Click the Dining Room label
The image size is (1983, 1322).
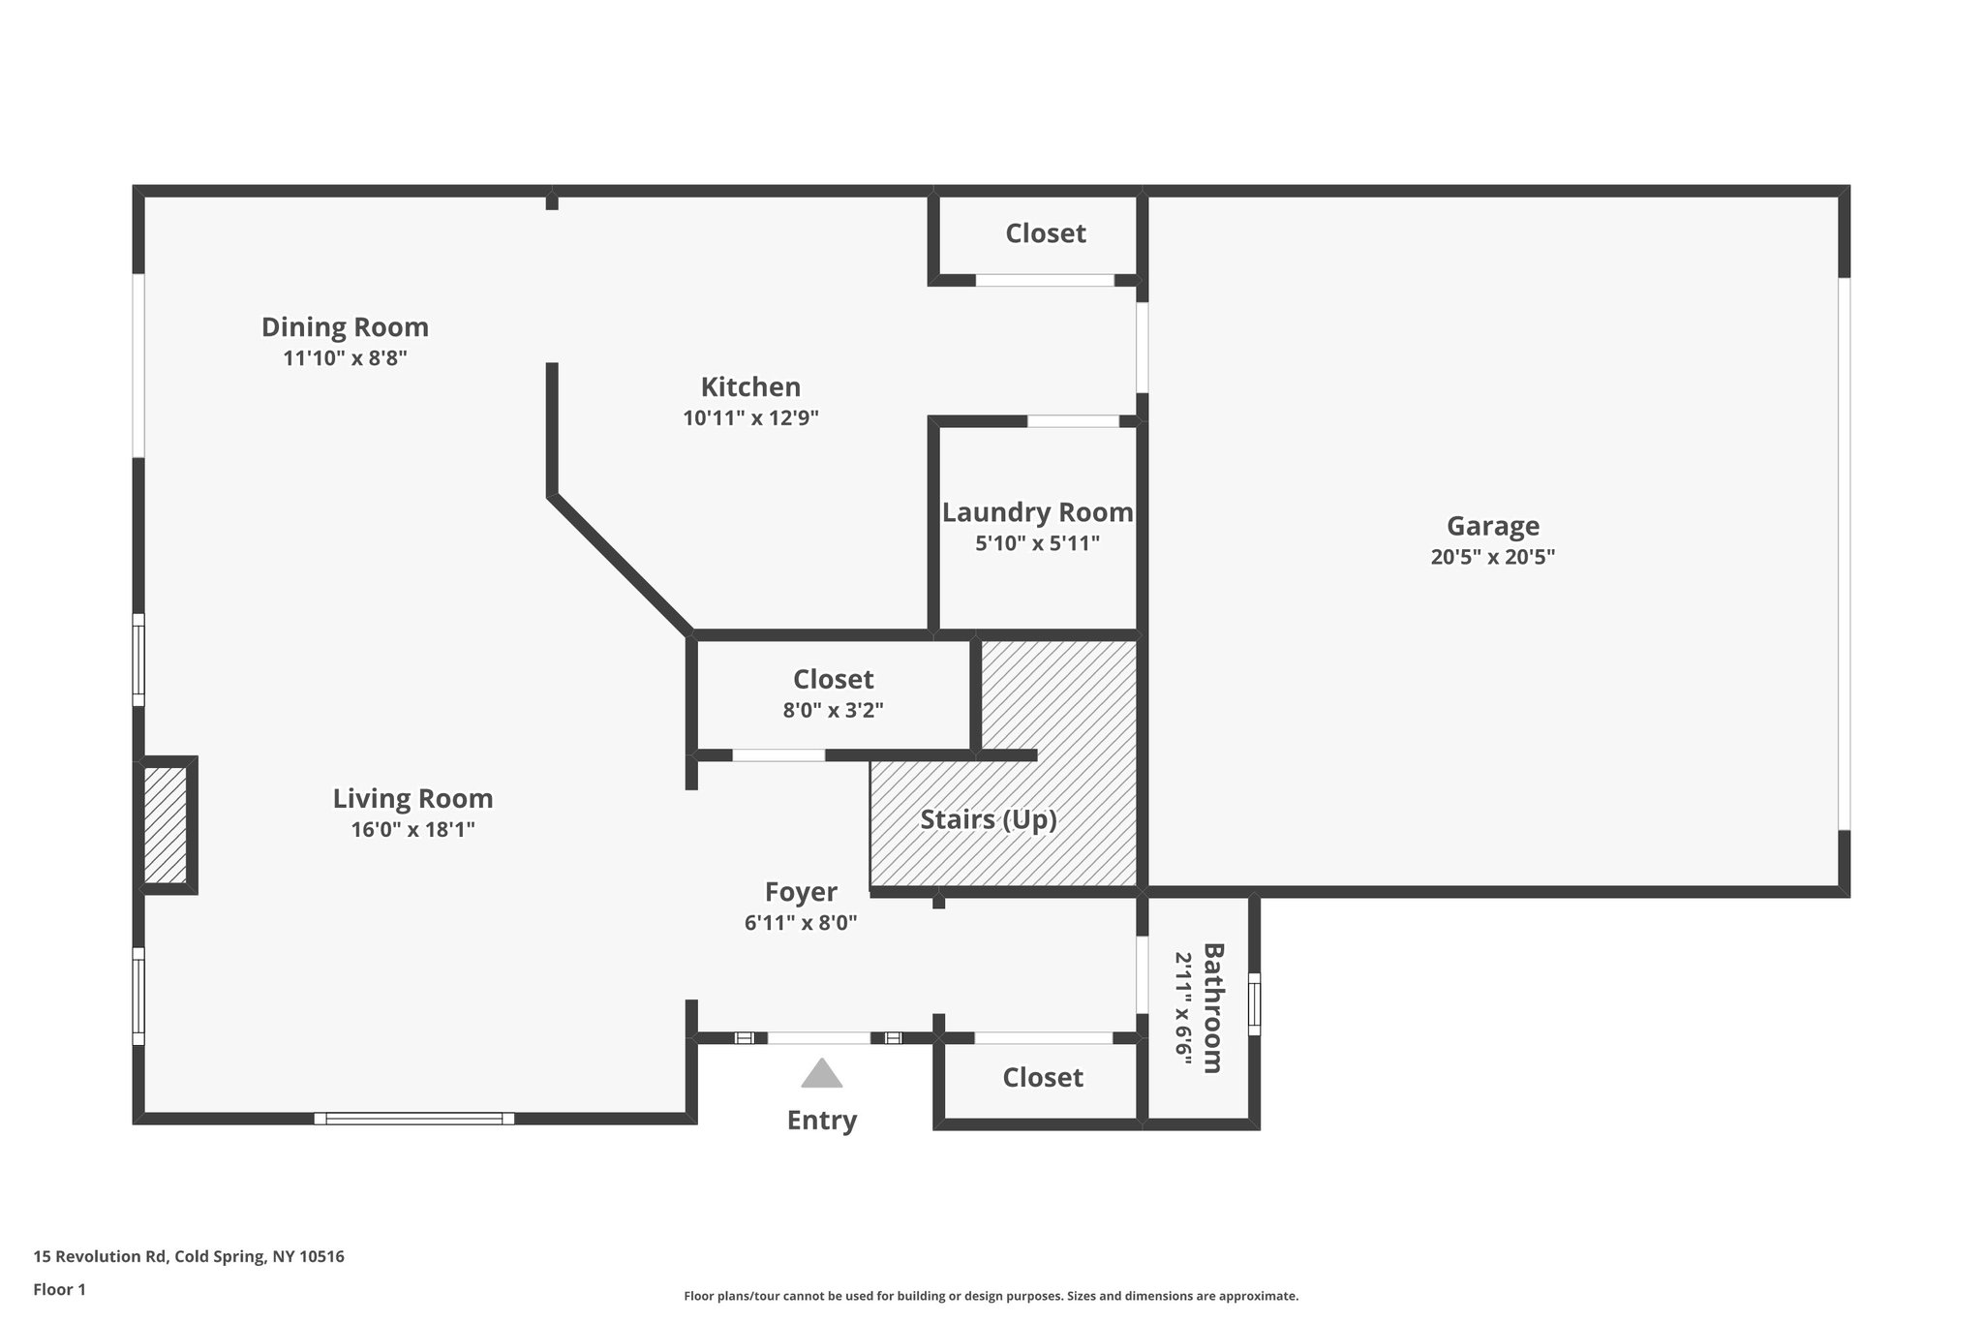[345, 327]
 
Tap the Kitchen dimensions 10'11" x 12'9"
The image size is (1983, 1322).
[750, 418]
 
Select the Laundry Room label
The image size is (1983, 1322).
[1037, 512]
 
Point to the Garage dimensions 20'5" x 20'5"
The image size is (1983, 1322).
[1492, 557]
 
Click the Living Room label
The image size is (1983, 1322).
[412, 799]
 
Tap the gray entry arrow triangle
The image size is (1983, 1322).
[821, 1074]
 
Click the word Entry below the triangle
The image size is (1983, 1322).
[821, 1121]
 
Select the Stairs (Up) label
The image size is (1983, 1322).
[988, 819]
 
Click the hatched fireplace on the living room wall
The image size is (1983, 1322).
[166, 825]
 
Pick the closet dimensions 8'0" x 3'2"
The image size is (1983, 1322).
[833, 710]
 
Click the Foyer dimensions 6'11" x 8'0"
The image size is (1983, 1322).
[801, 923]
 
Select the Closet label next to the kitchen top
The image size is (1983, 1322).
[1045, 233]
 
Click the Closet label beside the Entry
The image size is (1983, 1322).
[1042, 1078]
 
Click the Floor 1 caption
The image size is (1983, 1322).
[59, 1289]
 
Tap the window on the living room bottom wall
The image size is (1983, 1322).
[413, 1119]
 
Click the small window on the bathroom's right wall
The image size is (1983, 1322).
[1255, 1003]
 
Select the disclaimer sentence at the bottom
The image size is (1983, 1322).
[991, 1296]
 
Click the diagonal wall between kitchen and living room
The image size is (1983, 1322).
[621, 566]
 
